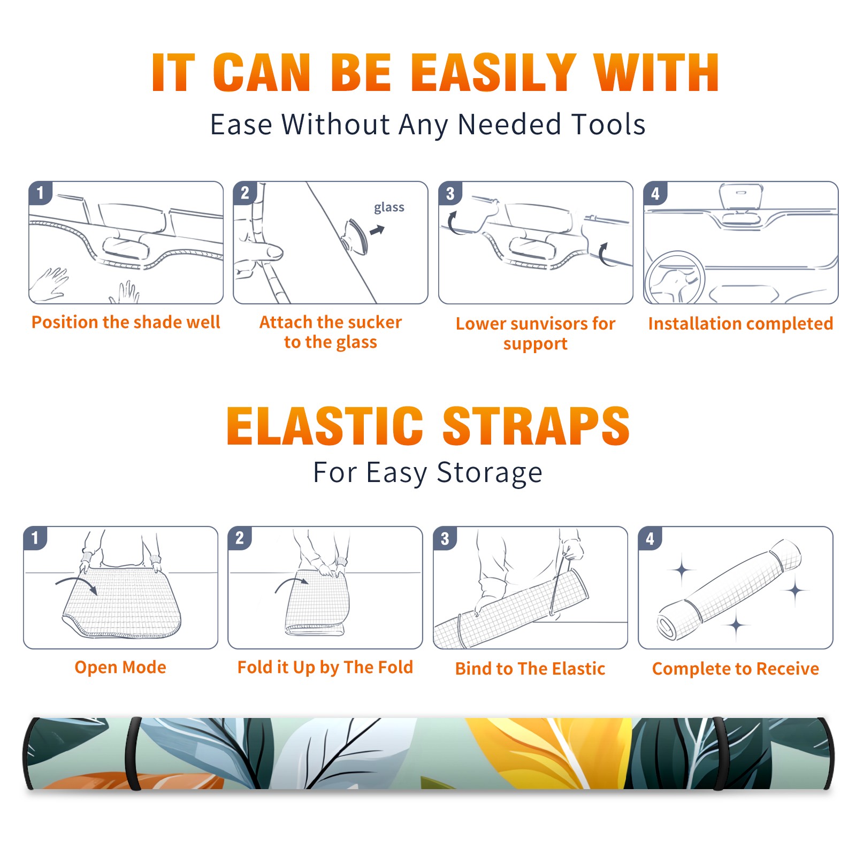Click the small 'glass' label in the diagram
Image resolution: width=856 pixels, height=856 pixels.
tap(389, 208)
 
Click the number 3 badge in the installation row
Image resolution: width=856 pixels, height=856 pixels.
tap(450, 193)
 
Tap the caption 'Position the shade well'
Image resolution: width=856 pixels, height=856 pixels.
tap(126, 322)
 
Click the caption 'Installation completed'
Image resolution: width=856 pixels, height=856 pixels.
tap(740, 324)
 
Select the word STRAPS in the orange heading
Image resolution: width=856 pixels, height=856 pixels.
tap(536, 426)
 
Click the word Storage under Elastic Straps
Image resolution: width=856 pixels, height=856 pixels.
tap(490, 473)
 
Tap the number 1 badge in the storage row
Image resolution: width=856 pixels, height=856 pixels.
tap(35, 538)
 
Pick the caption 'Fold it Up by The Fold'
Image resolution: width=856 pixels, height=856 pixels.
tap(325, 667)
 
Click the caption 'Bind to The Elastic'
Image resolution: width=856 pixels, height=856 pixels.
tap(530, 669)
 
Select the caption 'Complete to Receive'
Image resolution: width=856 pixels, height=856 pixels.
tap(736, 669)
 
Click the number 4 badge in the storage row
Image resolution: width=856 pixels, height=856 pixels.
tap(650, 538)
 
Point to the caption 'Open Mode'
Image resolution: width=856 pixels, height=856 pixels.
tap(120, 667)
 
